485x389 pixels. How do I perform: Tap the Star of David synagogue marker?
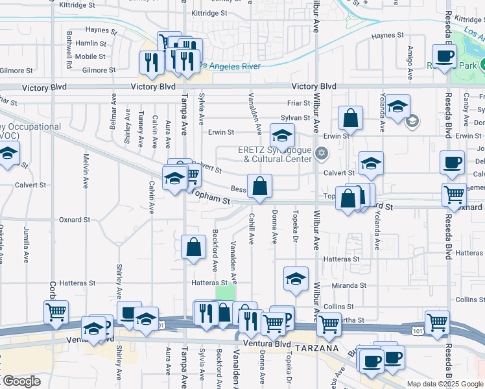[321, 154]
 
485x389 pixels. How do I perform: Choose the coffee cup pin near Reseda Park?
[444, 57]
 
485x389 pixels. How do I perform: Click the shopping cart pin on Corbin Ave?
[56, 312]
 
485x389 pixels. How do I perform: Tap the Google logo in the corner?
[22, 381]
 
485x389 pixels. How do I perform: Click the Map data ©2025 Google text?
[445, 384]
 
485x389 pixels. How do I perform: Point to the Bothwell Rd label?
[69, 56]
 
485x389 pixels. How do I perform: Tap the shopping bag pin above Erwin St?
[350, 119]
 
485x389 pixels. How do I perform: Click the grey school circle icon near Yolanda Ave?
[411, 121]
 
